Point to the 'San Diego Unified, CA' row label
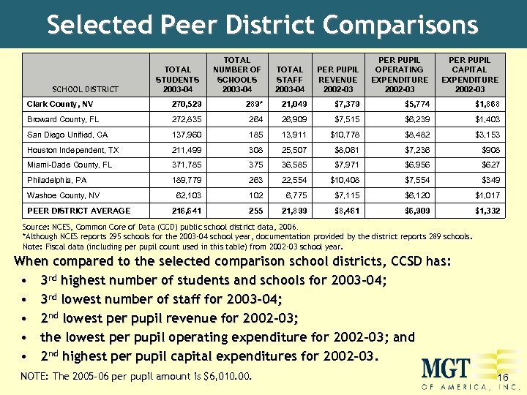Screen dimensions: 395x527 67,135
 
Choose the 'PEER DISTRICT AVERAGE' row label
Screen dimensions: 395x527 78,211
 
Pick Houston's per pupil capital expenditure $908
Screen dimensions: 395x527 489,150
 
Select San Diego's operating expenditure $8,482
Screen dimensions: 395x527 411,135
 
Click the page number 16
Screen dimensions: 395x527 502,377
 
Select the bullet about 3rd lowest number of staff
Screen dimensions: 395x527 162,299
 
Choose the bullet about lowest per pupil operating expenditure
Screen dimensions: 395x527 227,337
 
